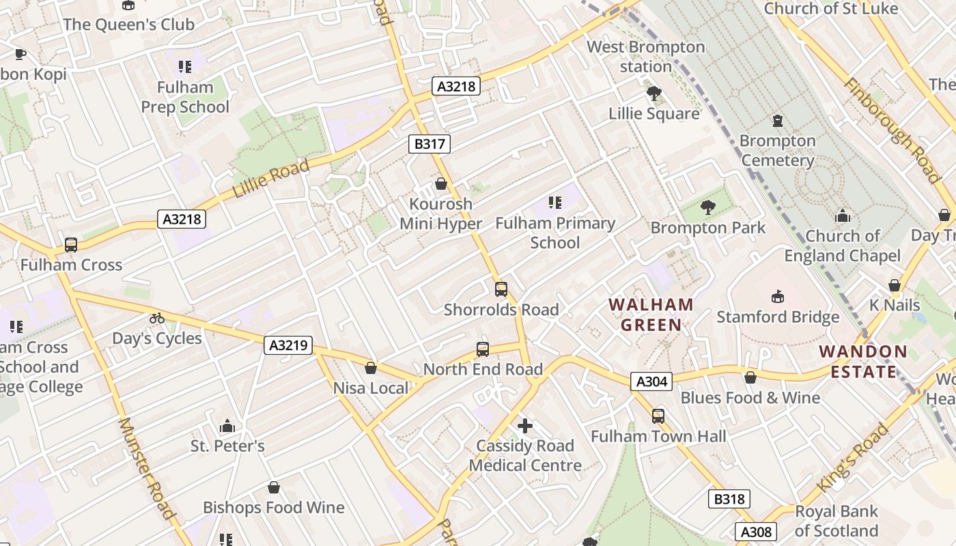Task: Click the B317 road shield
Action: point(430,144)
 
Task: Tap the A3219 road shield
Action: point(288,345)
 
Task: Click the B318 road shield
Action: point(729,499)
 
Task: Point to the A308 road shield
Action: point(756,532)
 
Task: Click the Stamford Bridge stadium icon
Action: point(777,297)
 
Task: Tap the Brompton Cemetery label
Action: point(777,151)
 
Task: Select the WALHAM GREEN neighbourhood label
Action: point(651,315)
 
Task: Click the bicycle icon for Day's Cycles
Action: point(157,318)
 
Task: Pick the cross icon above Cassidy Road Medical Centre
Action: point(524,427)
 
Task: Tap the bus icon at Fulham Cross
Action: point(70,245)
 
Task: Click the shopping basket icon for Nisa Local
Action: point(371,369)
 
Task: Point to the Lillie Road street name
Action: point(271,178)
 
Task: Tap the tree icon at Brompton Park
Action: point(708,207)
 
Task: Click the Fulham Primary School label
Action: point(555,233)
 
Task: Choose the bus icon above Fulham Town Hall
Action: point(658,416)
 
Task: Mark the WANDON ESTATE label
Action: point(863,362)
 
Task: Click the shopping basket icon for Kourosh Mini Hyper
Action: point(441,184)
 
